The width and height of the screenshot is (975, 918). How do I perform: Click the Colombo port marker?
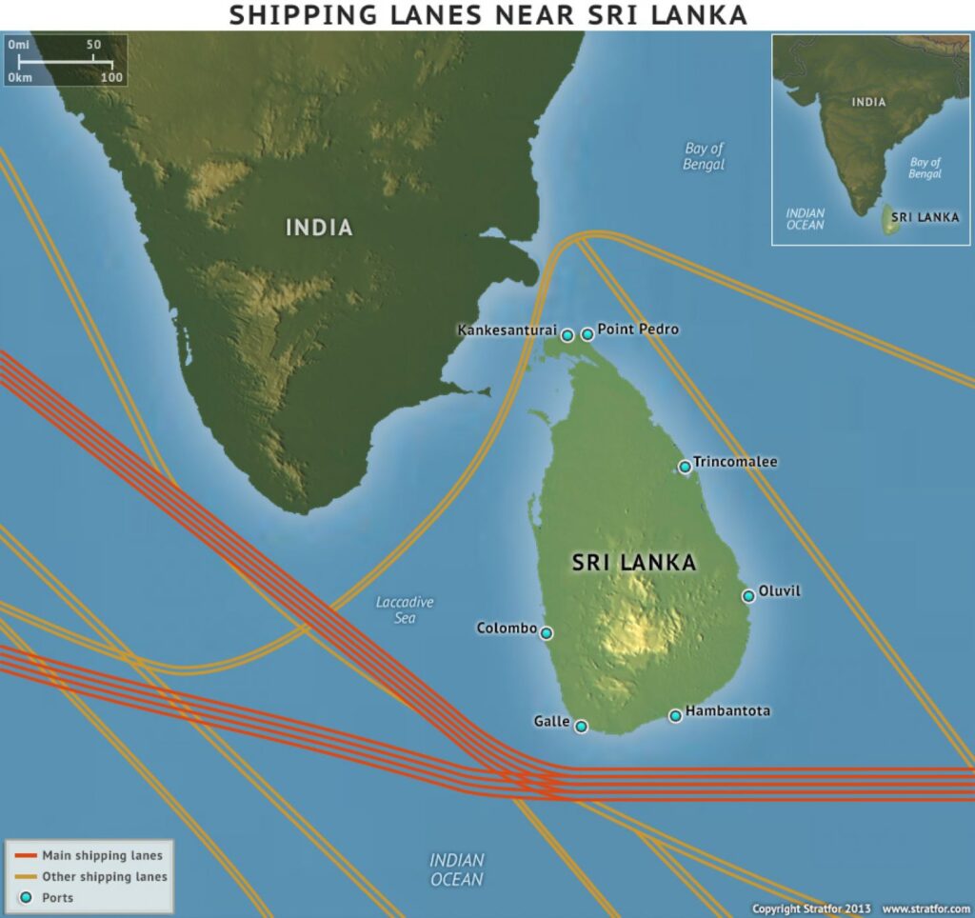[x=547, y=632]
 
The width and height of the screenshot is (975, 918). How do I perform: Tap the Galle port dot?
[x=581, y=727]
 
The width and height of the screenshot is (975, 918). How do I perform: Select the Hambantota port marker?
[x=675, y=715]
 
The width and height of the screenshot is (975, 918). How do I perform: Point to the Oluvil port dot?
[x=748, y=596]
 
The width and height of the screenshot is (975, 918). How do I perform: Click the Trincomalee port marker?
[x=685, y=467]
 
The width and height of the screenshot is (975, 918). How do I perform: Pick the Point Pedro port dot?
[x=587, y=334]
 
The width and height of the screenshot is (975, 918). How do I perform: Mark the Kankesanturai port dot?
[x=567, y=335]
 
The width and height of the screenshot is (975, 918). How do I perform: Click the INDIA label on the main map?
[x=319, y=228]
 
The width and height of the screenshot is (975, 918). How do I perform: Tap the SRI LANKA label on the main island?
[x=634, y=563]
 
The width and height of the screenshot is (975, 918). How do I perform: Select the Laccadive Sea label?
[x=405, y=609]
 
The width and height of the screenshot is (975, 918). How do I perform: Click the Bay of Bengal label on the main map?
[x=704, y=156]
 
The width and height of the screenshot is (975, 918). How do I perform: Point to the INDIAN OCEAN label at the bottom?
[x=457, y=869]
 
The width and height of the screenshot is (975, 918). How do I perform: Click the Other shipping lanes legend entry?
[x=104, y=876]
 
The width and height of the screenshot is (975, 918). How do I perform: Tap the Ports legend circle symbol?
[x=26, y=897]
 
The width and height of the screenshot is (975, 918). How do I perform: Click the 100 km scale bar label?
[x=111, y=78]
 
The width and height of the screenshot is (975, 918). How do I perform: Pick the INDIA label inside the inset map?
[x=868, y=102]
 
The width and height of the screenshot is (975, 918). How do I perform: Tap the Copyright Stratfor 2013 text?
[x=811, y=908]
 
